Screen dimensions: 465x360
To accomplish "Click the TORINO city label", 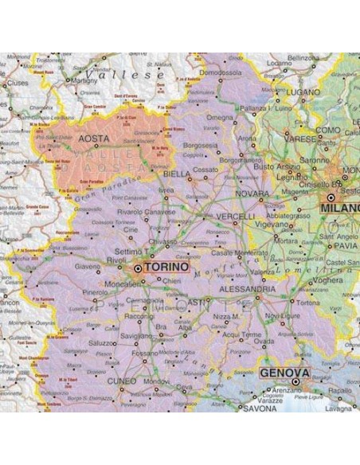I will [x=167, y=268].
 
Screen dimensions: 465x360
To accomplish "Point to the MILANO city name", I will [x=338, y=209].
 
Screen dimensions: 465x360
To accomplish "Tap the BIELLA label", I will [x=176, y=173].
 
